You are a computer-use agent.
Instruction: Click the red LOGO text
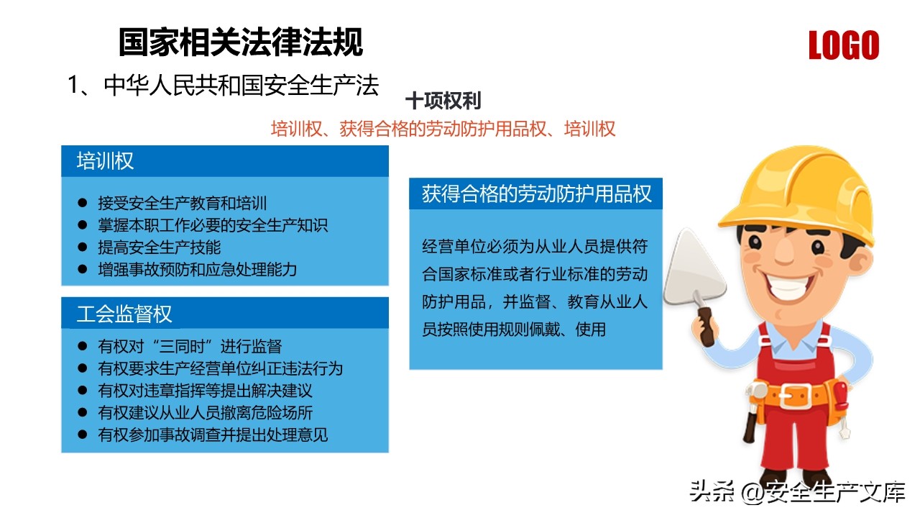844,45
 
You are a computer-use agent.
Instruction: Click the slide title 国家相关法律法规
241,42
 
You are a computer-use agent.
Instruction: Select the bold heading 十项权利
443,101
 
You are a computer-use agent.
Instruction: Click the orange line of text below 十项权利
443,129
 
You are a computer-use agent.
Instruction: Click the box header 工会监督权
124,314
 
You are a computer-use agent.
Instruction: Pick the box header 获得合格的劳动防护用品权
536,194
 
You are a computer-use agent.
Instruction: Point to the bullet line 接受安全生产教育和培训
183,203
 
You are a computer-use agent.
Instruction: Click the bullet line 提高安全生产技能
160,247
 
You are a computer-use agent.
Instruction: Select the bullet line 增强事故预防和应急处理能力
197,270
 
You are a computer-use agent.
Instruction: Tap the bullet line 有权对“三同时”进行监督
190,347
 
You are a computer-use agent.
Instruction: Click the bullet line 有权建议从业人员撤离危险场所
206,413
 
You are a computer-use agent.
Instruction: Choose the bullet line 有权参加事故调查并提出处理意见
213,435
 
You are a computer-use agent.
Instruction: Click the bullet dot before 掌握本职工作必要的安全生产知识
83,225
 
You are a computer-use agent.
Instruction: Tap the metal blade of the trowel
694,268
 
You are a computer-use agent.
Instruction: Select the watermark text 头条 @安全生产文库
797,491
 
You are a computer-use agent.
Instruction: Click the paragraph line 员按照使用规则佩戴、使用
514,330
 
